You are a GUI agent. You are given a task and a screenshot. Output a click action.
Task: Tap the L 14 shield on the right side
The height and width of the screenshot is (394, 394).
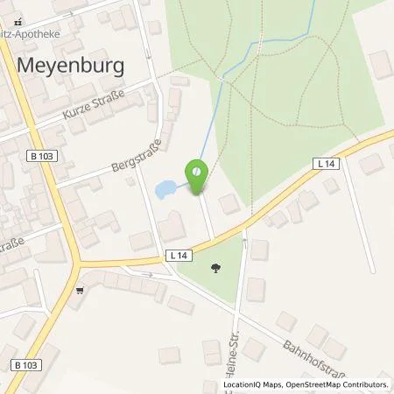pos(326,163)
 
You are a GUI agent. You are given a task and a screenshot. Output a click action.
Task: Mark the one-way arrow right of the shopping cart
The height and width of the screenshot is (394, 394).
pos(147,274)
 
